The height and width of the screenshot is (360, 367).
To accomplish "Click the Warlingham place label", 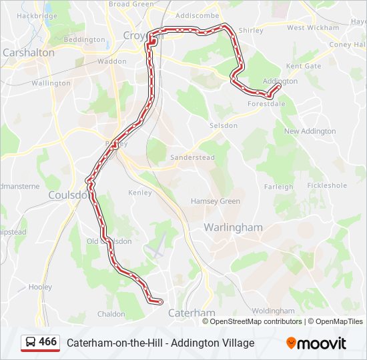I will pos(233,227).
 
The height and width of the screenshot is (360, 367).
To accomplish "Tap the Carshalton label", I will pos(29,52).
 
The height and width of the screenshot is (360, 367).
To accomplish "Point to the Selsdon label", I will pos(223,125).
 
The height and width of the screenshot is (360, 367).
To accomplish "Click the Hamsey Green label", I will pos(215,201).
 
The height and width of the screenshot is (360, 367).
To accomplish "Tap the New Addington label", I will pos(310,131).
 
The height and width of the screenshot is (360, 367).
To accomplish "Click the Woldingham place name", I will pos(273,311).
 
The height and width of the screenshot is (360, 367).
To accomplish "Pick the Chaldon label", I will pos(111,314).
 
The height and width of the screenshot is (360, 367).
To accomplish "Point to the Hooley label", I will pos(40,287).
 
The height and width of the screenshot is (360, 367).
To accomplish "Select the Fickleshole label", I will pos(327,185).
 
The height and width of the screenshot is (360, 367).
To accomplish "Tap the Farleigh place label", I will pos(278,187).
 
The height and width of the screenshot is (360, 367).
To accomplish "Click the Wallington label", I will pos(51,83).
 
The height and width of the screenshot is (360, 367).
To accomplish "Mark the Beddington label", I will pos(84,40).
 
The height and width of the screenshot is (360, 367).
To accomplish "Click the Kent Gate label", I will pos(303,67).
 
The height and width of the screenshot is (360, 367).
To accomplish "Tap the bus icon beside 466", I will pos(31,342).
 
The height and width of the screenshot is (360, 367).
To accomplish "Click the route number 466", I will pos(47,342).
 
